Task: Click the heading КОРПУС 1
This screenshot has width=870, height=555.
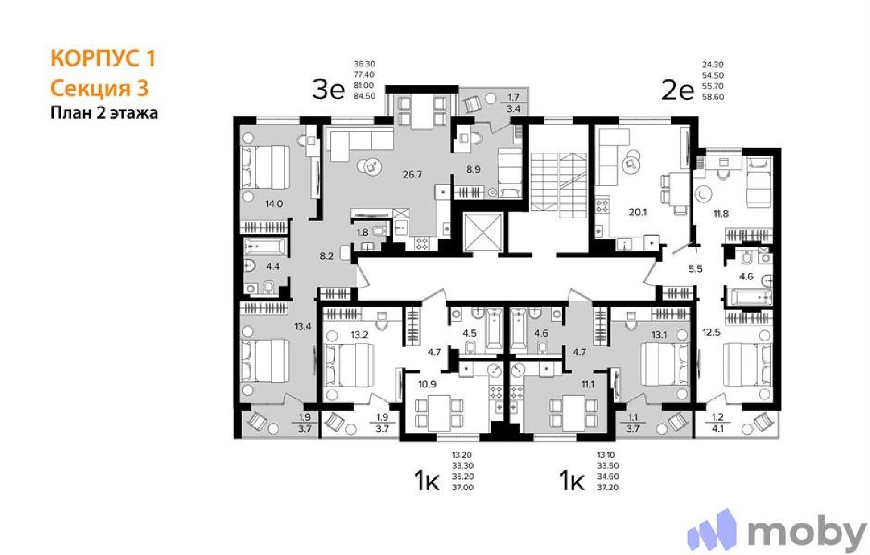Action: tap(103, 58)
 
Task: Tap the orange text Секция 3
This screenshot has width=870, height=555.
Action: tap(100, 88)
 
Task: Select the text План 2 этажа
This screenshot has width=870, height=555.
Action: tap(104, 113)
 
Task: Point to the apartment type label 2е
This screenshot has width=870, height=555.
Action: tap(678, 91)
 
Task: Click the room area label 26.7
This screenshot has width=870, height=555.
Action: tap(412, 175)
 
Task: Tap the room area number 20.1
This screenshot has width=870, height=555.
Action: tap(638, 212)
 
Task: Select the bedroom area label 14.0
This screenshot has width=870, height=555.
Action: tap(274, 203)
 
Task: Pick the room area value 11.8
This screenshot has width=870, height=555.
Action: tap(721, 213)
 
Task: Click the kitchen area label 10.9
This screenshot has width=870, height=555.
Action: tap(427, 384)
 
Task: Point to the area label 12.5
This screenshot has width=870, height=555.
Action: tap(711, 332)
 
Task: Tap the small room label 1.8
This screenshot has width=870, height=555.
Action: tap(362, 233)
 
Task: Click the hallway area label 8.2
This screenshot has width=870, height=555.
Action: tap(326, 256)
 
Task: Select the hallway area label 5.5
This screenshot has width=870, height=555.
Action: tap(695, 269)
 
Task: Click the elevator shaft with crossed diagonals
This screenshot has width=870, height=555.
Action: tap(483, 232)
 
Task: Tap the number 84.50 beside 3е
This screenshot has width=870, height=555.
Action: tap(364, 96)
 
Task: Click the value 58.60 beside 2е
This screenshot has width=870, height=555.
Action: tap(713, 97)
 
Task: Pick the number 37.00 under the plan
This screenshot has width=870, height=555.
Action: tap(463, 488)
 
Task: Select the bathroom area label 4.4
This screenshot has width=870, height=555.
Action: tap(272, 267)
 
